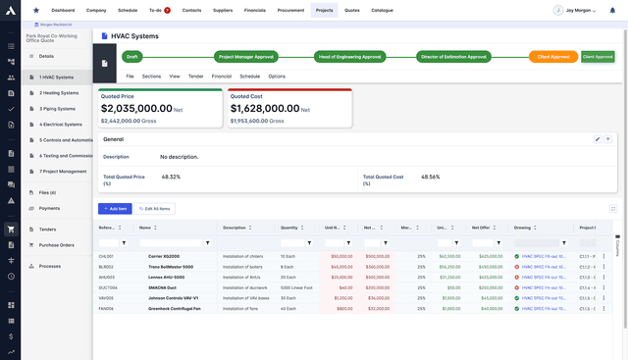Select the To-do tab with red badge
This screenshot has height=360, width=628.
point(158,9)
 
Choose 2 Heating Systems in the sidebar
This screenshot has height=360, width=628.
point(59,93)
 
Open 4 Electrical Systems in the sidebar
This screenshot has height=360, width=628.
point(61,125)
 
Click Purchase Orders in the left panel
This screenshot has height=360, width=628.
point(57,245)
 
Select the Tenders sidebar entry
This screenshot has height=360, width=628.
point(48,230)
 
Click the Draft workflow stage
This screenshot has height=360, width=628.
point(131,57)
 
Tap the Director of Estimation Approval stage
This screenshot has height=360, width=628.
point(452,57)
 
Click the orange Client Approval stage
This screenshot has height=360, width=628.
point(553,57)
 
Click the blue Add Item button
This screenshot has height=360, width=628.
point(115,209)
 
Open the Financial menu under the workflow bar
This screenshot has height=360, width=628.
point(222,76)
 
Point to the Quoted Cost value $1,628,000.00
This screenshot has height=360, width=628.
point(265,109)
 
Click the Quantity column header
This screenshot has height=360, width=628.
point(288,228)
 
